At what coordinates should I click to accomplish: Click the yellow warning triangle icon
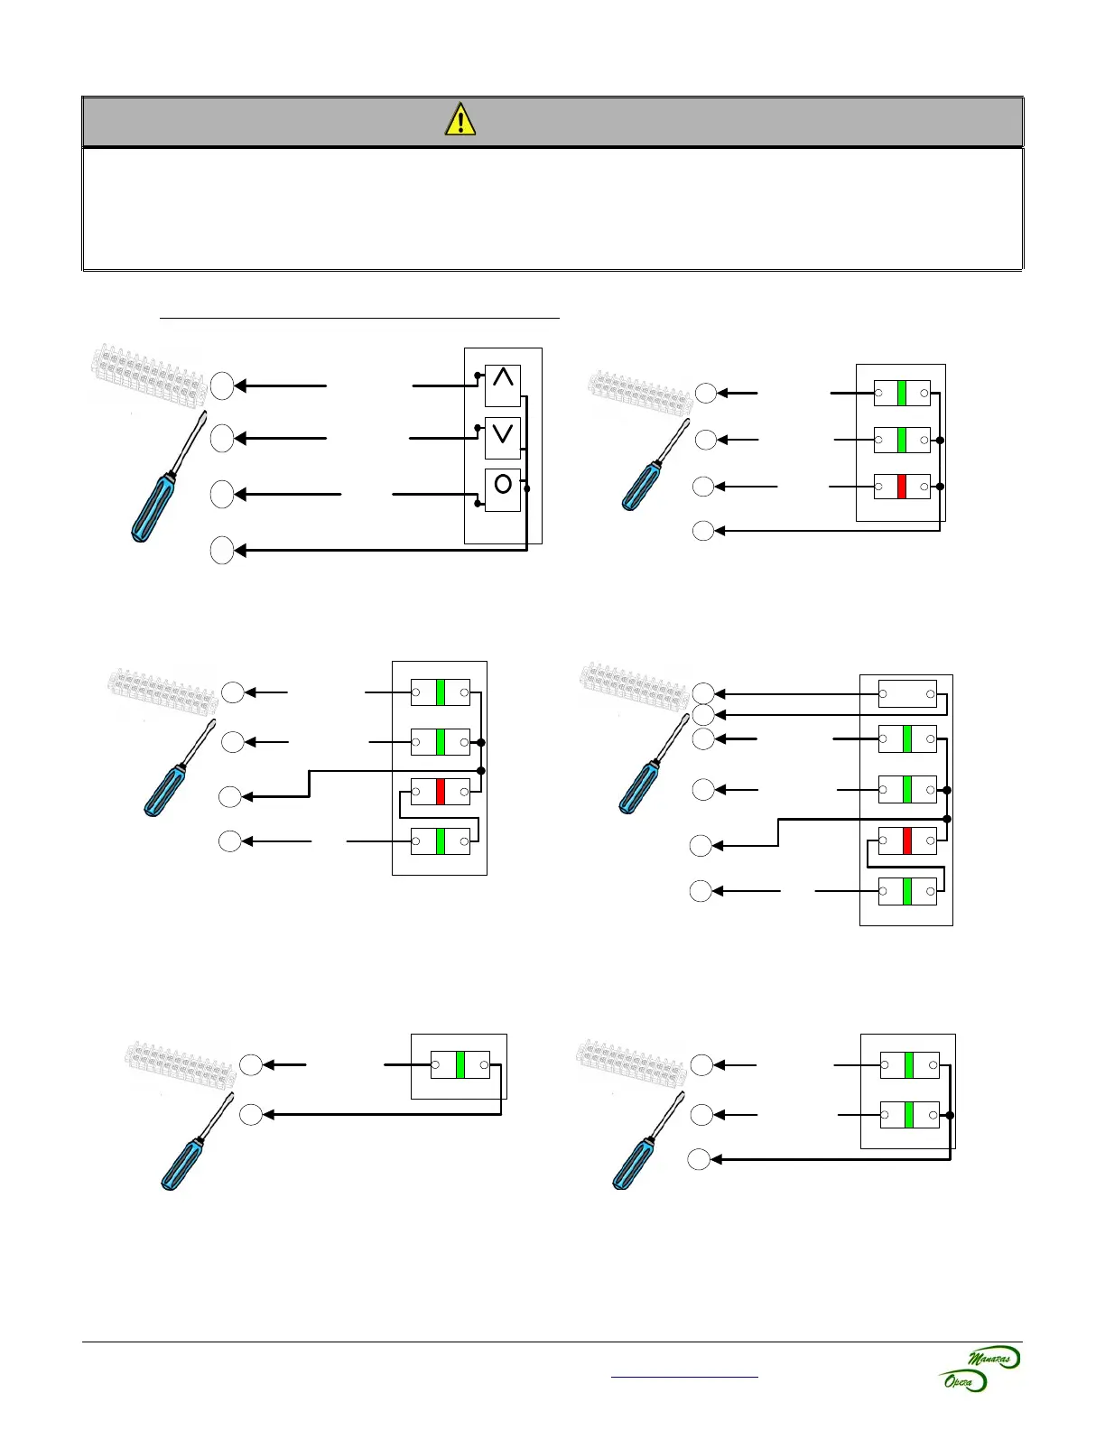click(460, 120)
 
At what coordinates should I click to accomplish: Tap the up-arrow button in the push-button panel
click(503, 385)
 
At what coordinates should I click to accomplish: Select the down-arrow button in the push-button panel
click(503, 438)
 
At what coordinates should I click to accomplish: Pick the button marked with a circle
click(503, 490)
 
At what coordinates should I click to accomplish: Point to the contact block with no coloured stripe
click(907, 694)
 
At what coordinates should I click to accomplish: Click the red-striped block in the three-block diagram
click(902, 487)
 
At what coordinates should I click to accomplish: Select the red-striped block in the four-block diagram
click(441, 792)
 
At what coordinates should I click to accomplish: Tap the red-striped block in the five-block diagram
click(907, 841)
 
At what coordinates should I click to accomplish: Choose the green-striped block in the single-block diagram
click(460, 1065)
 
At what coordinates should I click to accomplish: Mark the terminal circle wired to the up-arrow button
click(222, 386)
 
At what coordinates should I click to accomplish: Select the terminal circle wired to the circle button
click(222, 495)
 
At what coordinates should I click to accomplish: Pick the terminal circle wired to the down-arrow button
click(222, 439)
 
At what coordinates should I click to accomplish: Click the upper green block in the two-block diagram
click(909, 1065)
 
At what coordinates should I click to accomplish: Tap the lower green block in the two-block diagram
click(909, 1115)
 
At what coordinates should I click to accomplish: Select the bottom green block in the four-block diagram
click(441, 841)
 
